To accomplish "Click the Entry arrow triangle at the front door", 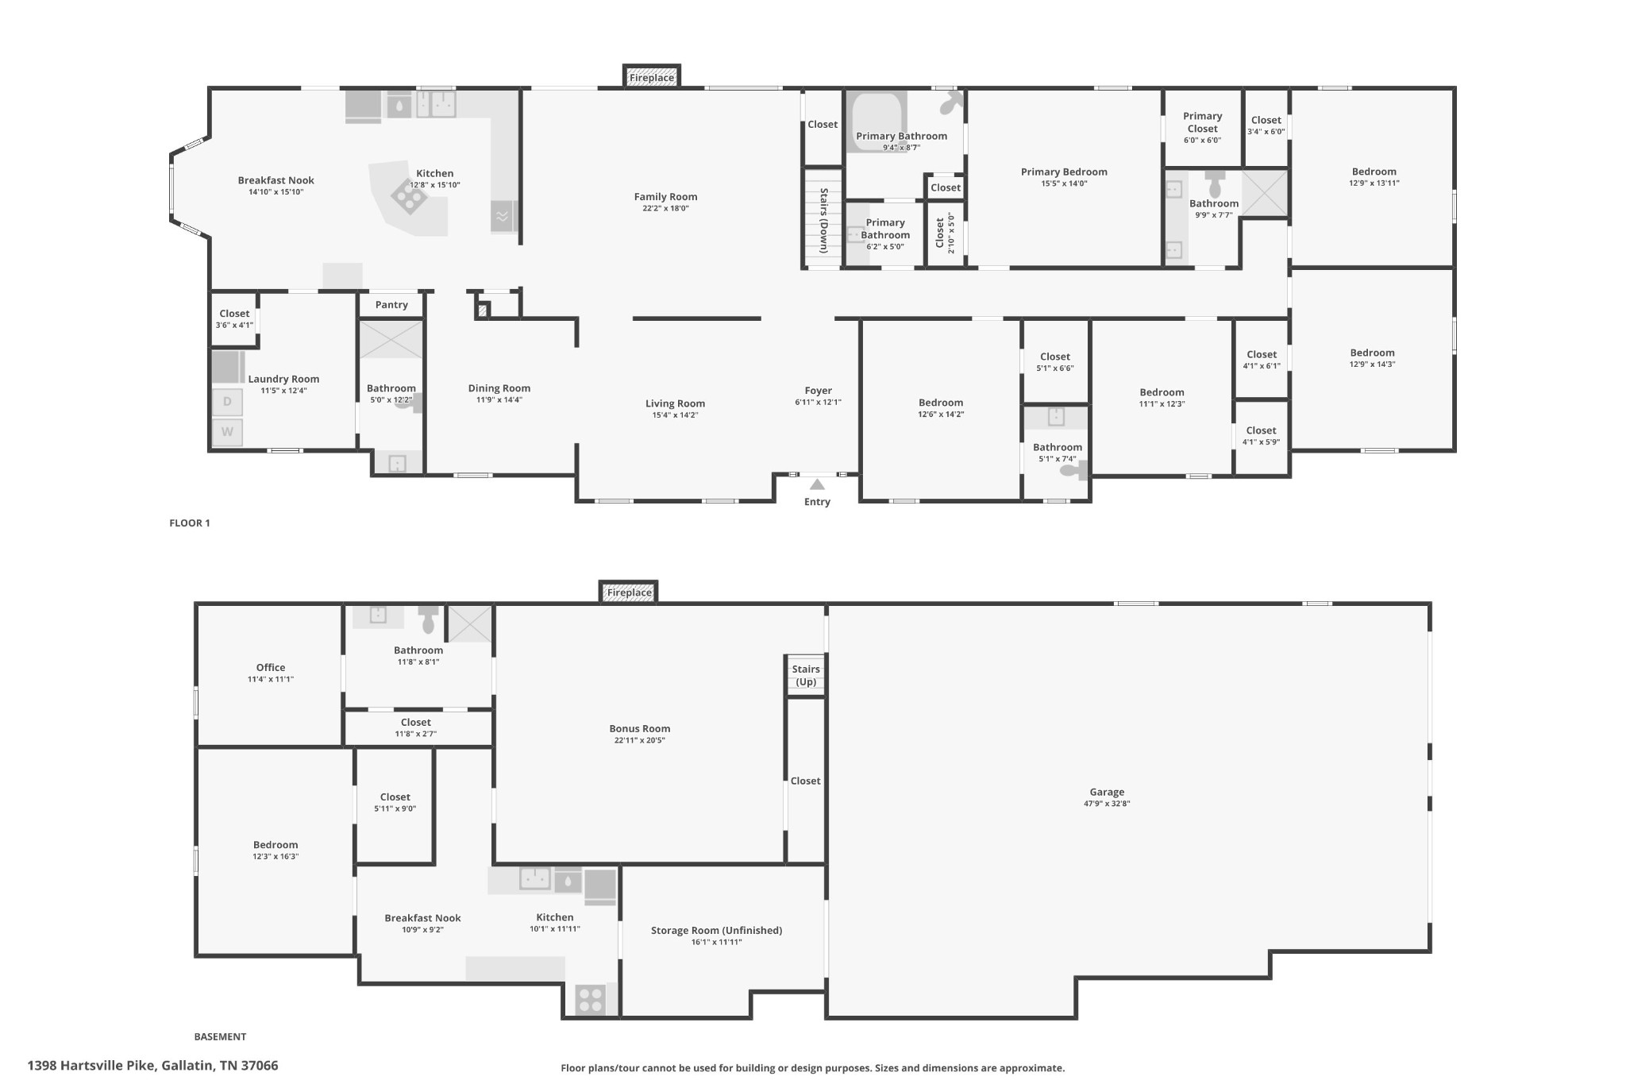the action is click(817, 484).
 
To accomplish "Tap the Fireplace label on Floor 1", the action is click(652, 78).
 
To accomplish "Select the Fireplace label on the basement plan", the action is click(629, 592).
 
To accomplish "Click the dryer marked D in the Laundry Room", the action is click(227, 402).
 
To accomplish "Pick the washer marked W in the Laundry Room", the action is click(227, 432).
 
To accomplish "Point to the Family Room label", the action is click(665, 197).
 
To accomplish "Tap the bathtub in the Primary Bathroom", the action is click(877, 122).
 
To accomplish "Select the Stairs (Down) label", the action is click(824, 221).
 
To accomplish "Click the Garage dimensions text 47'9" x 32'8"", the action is click(1107, 804).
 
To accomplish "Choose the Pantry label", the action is click(391, 305).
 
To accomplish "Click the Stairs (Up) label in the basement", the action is click(806, 676).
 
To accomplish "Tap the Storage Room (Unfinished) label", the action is click(716, 931).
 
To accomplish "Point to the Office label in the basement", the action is click(271, 668).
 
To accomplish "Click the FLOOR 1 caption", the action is click(190, 523).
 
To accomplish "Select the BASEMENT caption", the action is click(220, 1037).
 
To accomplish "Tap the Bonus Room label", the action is click(640, 729).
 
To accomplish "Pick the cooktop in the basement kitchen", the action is click(590, 999).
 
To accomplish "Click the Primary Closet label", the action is click(1202, 122).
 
